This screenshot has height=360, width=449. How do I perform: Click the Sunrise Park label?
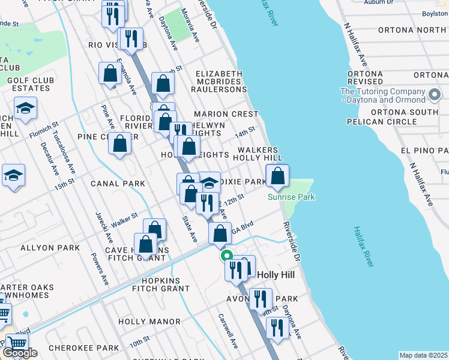tap(291, 197)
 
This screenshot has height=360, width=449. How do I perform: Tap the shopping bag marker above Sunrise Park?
tap(277, 176)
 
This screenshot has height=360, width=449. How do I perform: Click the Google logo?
tap(20, 353)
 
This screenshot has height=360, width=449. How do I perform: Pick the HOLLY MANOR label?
tap(149, 322)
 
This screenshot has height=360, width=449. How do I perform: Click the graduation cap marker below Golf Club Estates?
tap(25, 109)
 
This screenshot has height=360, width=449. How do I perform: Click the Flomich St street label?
tap(44, 131)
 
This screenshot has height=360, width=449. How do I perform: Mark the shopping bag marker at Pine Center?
tap(120, 144)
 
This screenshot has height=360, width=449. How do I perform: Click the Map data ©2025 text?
tap(423, 355)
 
